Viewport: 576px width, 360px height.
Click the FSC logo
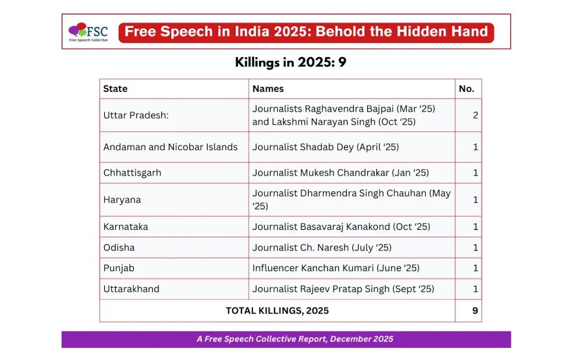coord(88,32)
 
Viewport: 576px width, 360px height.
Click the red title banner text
coord(306,32)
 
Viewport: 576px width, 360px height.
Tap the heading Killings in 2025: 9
coord(290,62)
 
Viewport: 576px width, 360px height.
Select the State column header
coord(115,89)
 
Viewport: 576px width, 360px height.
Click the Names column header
coord(268,89)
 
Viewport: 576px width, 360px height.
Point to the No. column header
coord(467,89)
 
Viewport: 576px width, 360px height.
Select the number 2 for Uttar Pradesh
coord(475,115)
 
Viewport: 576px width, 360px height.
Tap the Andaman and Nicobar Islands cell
coord(170,147)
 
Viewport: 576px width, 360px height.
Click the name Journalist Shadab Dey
coord(325,147)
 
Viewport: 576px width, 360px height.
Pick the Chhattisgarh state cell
coord(132,173)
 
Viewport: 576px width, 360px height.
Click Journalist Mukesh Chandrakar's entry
coord(340,173)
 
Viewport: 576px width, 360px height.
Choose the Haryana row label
coord(122,200)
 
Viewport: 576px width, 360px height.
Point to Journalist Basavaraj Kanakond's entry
coord(341,227)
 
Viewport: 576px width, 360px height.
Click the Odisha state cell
coord(119,248)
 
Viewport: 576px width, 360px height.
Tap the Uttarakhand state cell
coord(131,289)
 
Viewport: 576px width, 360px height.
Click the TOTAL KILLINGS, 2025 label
coord(277,311)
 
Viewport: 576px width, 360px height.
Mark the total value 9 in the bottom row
coord(475,311)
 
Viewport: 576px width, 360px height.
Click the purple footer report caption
coord(295,339)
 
